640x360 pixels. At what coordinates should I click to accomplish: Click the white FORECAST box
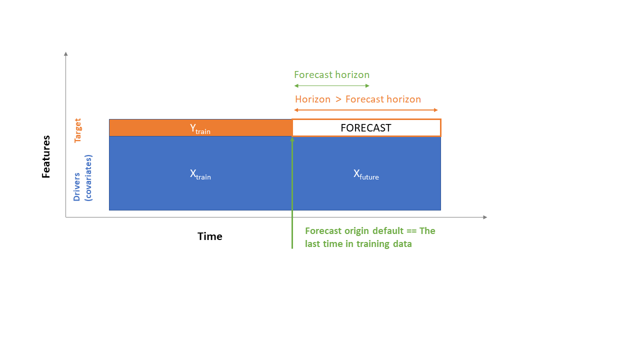pos(366,127)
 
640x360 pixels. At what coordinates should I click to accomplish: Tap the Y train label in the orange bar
pos(200,128)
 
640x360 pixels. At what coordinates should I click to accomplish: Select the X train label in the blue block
pos(200,174)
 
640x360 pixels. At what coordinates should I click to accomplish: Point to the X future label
pos(366,174)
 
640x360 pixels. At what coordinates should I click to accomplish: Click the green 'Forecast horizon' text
pos(331,75)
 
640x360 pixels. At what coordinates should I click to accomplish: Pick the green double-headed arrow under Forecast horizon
pos(331,86)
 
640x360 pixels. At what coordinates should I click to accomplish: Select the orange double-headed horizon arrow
pos(366,110)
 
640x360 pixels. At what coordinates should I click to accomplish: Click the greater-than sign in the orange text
pos(338,99)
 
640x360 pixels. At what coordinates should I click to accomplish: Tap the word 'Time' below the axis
pos(210,236)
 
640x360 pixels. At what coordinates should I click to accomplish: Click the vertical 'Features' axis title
pos(46,156)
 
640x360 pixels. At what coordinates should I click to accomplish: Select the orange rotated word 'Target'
pos(77,130)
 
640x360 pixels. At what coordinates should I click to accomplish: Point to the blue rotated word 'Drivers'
pos(76,187)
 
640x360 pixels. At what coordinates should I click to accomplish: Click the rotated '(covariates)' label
pos(88,177)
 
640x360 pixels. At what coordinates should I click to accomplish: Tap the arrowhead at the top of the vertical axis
pos(65,53)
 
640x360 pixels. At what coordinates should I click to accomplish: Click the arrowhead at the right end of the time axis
pos(484,217)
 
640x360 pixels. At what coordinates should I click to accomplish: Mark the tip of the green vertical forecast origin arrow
pos(292,138)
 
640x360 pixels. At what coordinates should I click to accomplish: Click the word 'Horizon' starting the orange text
pos(312,99)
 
